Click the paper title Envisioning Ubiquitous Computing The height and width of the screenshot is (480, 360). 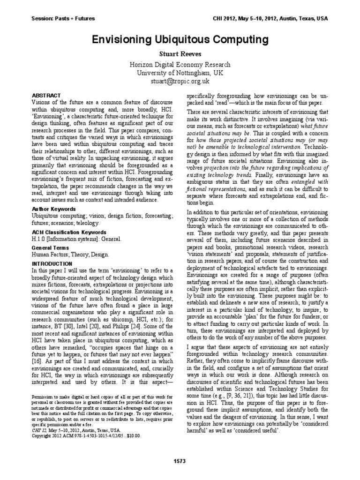tap(180, 39)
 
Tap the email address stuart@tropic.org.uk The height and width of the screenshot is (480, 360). tap(180, 81)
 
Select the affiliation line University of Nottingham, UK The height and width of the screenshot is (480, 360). tap(180, 73)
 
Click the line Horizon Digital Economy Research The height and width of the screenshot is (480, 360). tap(180, 65)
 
